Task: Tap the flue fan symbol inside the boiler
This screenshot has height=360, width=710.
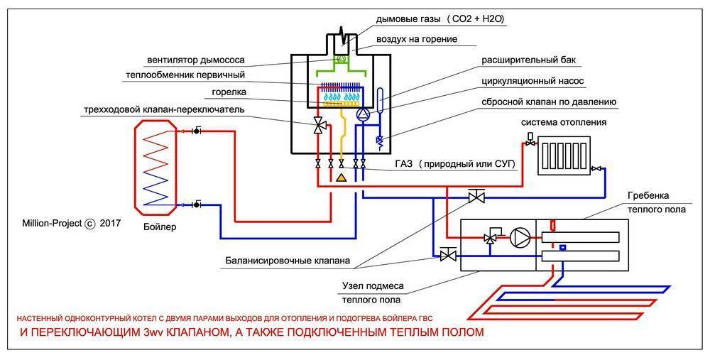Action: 342,59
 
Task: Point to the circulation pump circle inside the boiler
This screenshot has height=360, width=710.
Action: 363,114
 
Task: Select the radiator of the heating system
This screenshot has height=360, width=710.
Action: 563,156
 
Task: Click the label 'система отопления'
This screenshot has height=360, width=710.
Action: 564,123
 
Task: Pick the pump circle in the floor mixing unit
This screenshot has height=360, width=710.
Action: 520,237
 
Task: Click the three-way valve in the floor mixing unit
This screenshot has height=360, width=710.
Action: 490,237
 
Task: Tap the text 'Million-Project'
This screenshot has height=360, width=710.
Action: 52,223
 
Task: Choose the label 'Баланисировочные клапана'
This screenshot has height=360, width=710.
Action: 288,261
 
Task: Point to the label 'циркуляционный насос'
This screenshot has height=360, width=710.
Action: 532,81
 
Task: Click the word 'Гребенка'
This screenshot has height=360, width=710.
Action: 648,196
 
